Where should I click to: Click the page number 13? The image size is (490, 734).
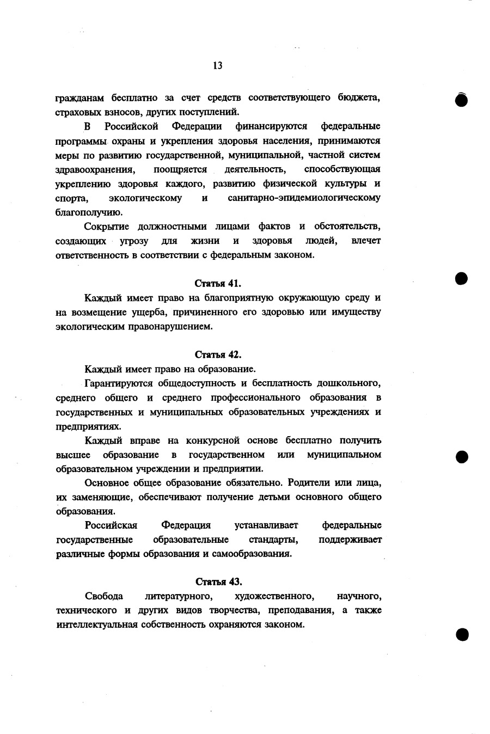point(218,66)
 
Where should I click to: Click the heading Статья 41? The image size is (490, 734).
point(218,284)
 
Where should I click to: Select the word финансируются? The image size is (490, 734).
point(271,127)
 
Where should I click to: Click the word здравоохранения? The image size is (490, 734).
point(95,169)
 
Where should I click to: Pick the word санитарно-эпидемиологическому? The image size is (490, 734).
point(304,198)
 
